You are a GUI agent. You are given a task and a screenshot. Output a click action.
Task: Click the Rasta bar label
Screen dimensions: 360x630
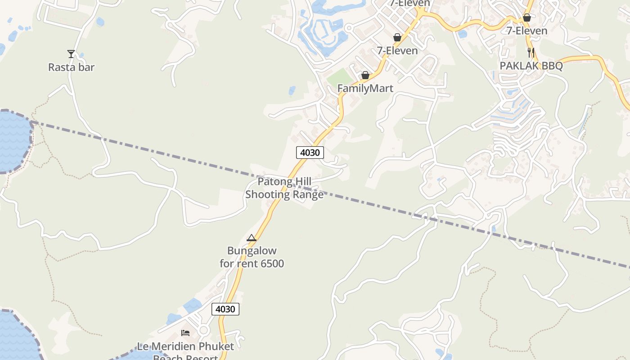pyautogui.click(x=71, y=67)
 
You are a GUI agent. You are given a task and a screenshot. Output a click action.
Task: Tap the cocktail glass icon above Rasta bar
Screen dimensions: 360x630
pyautogui.click(x=71, y=54)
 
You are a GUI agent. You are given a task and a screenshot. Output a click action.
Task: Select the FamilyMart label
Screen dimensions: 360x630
pyautogui.click(x=365, y=88)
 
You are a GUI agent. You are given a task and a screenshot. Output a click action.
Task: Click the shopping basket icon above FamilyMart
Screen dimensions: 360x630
pyautogui.click(x=365, y=75)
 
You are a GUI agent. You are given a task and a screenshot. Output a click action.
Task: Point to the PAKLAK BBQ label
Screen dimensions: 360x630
pyautogui.click(x=531, y=66)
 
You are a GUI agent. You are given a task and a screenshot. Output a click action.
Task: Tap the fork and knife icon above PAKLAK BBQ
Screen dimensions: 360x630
pyautogui.click(x=531, y=53)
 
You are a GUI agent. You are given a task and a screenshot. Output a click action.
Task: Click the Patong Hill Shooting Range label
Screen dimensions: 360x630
pyautogui.click(x=284, y=188)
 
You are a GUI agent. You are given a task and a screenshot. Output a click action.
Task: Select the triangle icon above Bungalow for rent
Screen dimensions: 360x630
pyautogui.click(x=252, y=238)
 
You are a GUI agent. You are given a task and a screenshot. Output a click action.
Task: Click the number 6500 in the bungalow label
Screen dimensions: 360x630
pyautogui.click(x=271, y=263)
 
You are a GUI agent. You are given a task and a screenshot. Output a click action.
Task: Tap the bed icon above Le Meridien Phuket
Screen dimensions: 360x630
pyautogui.click(x=185, y=333)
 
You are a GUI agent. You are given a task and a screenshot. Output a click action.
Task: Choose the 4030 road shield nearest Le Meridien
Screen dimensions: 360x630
pyautogui.click(x=225, y=309)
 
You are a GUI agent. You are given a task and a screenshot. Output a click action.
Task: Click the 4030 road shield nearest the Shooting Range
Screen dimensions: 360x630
pyautogui.click(x=310, y=153)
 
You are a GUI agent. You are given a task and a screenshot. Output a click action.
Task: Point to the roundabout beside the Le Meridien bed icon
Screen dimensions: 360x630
pyautogui.click(x=203, y=331)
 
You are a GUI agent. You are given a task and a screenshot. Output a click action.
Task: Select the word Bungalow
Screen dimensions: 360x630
pyautogui.click(x=252, y=251)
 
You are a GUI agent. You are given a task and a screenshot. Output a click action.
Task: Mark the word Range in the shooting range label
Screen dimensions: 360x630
pyautogui.click(x=308, y=194)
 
